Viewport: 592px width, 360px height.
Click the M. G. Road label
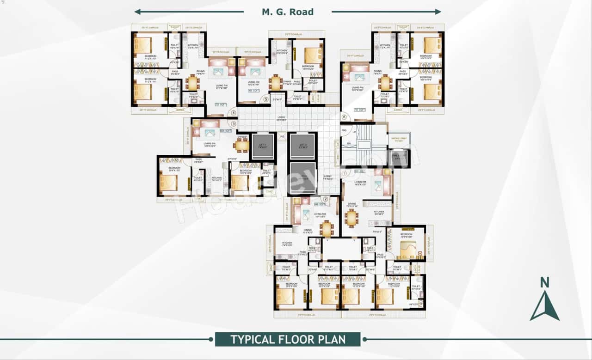tap(288, 12)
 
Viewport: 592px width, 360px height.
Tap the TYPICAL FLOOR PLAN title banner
tap(288, 339)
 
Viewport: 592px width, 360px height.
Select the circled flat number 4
tap(234, 112)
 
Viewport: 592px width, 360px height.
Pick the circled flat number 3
tap(234, 124)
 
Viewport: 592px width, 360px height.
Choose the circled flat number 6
tap(343, 117)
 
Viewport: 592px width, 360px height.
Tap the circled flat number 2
tap(325, 199)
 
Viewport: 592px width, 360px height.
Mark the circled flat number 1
tap(345, 174)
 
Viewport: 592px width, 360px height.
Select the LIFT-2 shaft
tap(302, 146)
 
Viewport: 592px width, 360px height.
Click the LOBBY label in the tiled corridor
tap(281, 118)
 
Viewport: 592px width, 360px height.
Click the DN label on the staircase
tap(349, 144)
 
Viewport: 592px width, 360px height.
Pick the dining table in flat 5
tap(276, 83)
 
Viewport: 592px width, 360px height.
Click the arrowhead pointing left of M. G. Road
tap(137, 12)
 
